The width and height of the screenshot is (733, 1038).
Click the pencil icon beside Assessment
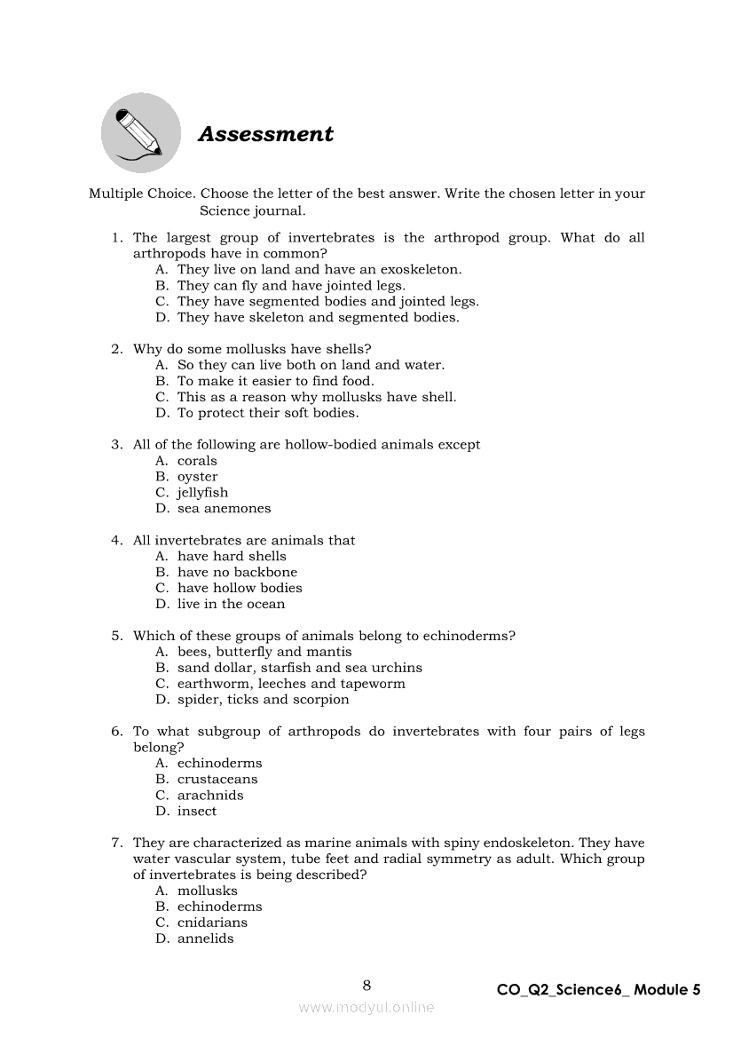[x=139, y=133]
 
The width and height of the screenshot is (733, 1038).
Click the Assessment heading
[x=265, y=134]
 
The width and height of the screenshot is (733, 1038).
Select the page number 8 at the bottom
[x=366, y=985]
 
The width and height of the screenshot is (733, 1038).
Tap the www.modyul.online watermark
[x=366, y=1007]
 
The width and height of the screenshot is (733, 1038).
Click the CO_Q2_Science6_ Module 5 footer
[x=599, y=989]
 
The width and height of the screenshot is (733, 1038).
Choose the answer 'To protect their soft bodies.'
[x=268, y=413]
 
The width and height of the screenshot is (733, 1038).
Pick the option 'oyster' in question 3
[x=197, y=477]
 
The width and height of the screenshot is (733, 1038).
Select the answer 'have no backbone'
[x=237, y=573]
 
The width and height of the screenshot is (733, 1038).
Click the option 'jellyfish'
[x=202, y=493]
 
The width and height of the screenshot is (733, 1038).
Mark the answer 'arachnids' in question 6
[x=210, y=796]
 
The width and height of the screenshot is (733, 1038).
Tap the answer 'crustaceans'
[x=217, y=780]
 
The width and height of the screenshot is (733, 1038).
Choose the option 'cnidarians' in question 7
[x=212, y=923]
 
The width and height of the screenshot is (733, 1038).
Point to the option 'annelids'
[x=205, y=939]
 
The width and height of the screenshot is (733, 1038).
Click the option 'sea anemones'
[x=224, y=509]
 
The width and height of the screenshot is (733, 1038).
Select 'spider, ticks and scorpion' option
[x=263, y=700]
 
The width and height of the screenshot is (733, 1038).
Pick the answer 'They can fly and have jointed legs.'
[x=291, y=286]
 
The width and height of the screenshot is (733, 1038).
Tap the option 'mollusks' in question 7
[x=207, y=891]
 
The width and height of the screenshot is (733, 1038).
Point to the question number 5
[x=116, y=636]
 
